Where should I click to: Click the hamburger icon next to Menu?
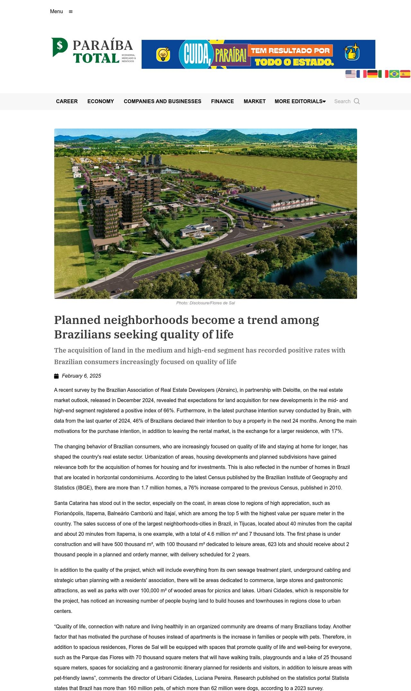(x=71, y=12)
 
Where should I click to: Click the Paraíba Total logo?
(x=93, y=50)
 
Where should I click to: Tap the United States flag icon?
(x=350, y=74)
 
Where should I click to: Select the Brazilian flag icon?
(x=394, y=74)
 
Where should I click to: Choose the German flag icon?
(x=372, y=74)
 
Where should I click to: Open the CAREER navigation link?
(x=67, y=102)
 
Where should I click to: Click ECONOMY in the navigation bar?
(x=101, y=102)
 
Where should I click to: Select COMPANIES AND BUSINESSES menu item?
(x=162, y=102)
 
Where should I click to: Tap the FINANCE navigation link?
(x=222, y=102)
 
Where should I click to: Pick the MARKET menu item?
(x=254, y=102)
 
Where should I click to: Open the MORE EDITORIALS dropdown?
(x=300, y=102)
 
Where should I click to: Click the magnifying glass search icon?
(x=357, y=102)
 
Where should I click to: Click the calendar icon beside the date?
(x=57, y=376)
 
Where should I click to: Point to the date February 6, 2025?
(x=81, y=376)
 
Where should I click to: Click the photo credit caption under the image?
(x=205, y=303)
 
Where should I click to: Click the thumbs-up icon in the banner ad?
(x=352, y=52)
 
